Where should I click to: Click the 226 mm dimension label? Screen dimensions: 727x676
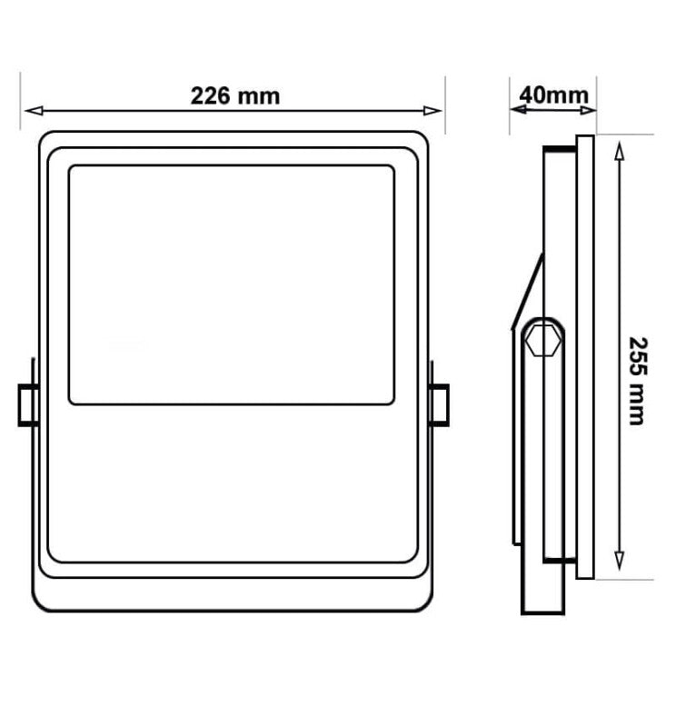coord(234,95)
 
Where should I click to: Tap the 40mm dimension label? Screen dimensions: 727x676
coord(553,94)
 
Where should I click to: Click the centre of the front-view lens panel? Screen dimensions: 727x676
coord(231,284)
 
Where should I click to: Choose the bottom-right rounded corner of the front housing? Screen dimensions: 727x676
coord(420,600)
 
